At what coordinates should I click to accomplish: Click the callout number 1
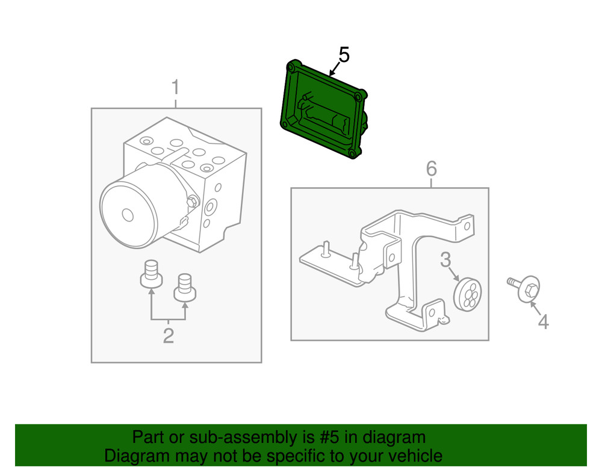[175, 88]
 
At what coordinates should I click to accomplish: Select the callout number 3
[445, 260]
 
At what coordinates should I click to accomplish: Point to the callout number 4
[543, 323]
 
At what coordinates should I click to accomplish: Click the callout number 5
[344, 55]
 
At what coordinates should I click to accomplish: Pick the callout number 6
[431, 169]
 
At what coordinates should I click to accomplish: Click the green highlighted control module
[322, 114]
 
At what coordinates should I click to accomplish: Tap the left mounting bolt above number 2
[151, 274]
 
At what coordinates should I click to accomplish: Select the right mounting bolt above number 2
[185, 287]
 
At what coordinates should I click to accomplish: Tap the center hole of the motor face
[127, 215]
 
